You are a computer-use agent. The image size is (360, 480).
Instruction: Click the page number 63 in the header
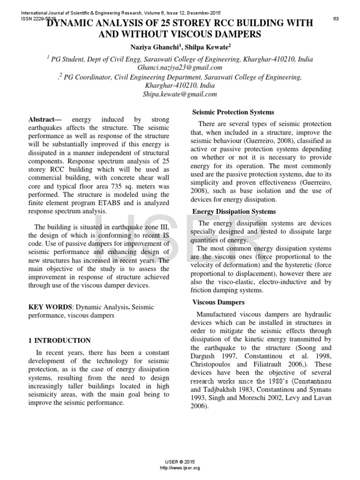336,18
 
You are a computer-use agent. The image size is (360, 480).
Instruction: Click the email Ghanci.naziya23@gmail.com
180,67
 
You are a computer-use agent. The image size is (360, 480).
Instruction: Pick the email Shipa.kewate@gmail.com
180,94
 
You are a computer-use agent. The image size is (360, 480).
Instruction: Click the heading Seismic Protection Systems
233,112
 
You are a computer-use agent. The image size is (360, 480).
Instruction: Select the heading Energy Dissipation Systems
234,212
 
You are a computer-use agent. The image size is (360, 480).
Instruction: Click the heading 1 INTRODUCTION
60,340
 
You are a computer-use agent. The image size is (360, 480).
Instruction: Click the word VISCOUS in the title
200,35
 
